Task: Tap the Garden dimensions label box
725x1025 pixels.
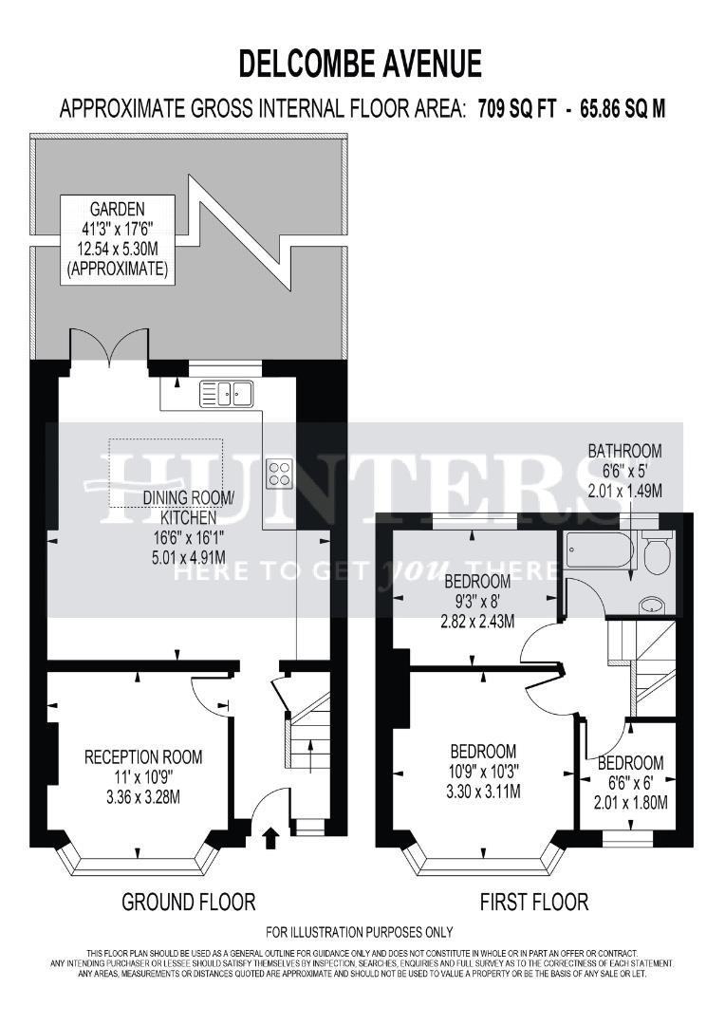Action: tap(117, 239)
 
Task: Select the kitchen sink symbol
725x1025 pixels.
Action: tap(226, 393)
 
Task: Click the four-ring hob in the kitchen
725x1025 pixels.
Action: tap(280, 472)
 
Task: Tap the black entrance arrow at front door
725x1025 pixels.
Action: tap(270, 836)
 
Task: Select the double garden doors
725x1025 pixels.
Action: tap(110, 349)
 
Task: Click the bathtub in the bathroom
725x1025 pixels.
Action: tap(596, 550)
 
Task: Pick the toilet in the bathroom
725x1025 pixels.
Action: tap(654, 552)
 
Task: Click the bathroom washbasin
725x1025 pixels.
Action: tap(652, 605)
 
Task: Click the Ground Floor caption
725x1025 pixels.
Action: tap(188, 901)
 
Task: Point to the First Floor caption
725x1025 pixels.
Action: tap(535, 901)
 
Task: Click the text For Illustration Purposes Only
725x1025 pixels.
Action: tap(359, 932)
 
